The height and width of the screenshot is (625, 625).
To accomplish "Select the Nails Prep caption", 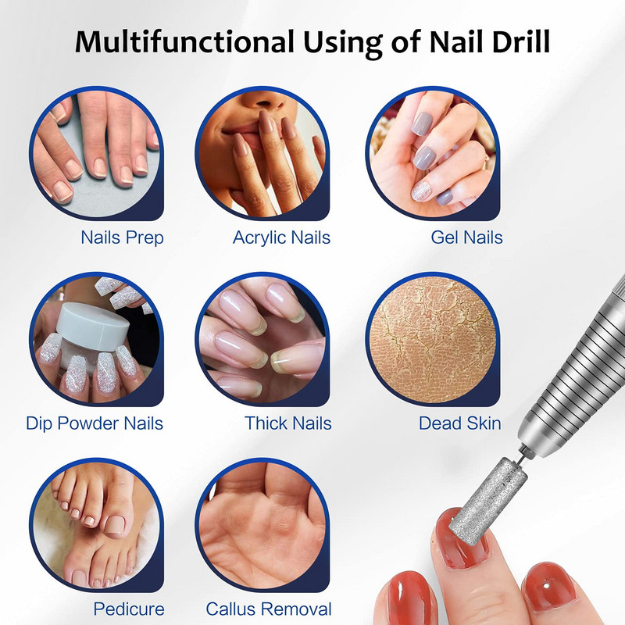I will point(122,237).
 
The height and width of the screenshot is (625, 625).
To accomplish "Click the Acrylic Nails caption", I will point(281,237).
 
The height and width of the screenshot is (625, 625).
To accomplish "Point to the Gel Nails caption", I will point(466,237).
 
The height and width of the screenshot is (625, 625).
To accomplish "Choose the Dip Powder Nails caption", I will point(95,423).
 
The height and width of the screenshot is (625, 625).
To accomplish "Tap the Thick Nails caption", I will point(288,423).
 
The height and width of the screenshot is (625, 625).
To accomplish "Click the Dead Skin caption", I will point(460,423).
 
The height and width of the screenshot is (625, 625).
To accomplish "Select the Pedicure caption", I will point(129,609).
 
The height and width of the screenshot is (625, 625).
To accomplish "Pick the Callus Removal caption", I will point(269,609).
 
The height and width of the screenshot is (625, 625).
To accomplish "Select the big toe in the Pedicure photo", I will point(118,522).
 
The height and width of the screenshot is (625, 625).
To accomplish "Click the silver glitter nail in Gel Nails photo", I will point(422,191).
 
